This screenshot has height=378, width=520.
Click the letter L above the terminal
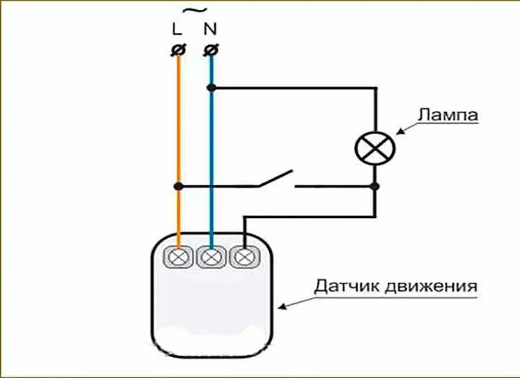coord(177,28)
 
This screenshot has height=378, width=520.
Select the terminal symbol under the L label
coord(178,51)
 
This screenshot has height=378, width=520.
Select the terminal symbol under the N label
coord(211,51)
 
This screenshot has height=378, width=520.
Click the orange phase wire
coord(178,127)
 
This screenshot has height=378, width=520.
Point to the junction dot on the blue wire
coord(211,88)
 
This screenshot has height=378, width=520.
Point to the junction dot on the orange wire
coord(178,186)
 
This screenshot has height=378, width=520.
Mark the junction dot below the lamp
coord(375,186)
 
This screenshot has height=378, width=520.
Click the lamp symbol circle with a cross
coord(375,149)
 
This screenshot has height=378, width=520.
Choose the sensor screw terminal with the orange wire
coord(179,255)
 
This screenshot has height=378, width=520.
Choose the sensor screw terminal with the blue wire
coord(211,255)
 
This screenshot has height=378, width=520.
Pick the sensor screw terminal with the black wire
coord(244,255)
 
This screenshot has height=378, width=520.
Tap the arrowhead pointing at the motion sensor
coord(281,307)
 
